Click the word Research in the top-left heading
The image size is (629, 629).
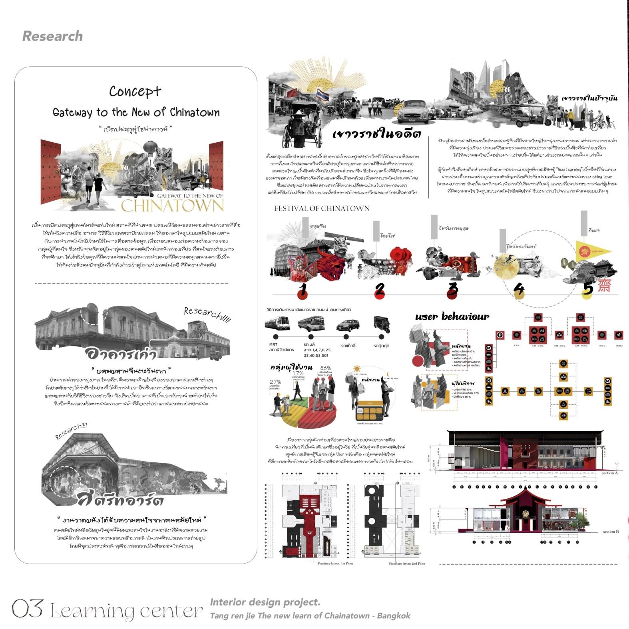[52, 36]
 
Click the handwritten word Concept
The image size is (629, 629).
[135, 92]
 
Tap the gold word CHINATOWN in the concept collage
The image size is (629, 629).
[172, 205]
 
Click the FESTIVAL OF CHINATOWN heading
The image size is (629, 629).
[322, 208]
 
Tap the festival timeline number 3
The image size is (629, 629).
[452, 289]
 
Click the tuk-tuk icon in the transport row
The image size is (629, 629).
[381, 324]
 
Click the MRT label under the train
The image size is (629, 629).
[273, 344]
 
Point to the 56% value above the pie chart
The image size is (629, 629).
[326, 368]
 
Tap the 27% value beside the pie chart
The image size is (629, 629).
[275, 382]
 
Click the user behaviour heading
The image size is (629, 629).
[452, 317]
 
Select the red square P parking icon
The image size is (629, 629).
[500, 335]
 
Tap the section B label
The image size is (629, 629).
[611, 531]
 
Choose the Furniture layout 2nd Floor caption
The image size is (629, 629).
[407, 563]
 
